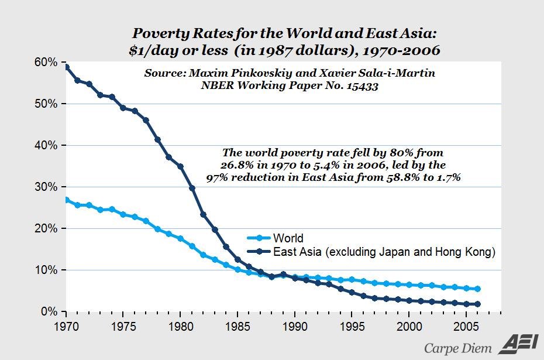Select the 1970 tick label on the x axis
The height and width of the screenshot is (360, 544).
click(66, 324)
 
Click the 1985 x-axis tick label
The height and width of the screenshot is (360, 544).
click(237, 324)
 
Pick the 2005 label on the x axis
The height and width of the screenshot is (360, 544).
click(466, 324)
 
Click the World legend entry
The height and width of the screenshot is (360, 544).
click(288, 238)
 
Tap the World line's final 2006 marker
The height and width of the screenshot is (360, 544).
click(478, 289)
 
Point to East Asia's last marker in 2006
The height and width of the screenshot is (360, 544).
click(478, 304)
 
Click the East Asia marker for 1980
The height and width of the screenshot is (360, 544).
click(181, 167)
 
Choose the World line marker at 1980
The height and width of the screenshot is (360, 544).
click(181, 239)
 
